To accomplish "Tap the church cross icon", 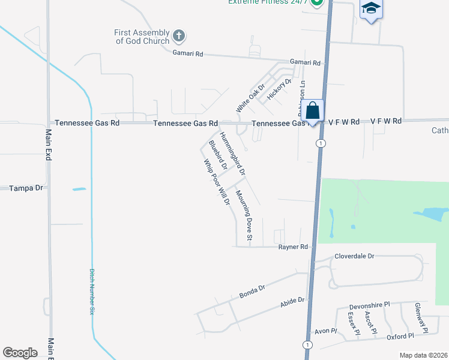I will point(178,36).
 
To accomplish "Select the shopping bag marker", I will point(312,111).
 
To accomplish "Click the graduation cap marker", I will point(371,9).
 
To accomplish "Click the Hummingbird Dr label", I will point(232,154).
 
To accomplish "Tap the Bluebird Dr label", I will point(217,155).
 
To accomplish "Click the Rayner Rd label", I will point(293,247).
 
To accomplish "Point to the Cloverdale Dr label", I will point(354,256).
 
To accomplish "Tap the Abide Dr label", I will point(293,302).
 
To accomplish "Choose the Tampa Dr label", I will point(26,188).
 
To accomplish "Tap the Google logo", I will point(20,352).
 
